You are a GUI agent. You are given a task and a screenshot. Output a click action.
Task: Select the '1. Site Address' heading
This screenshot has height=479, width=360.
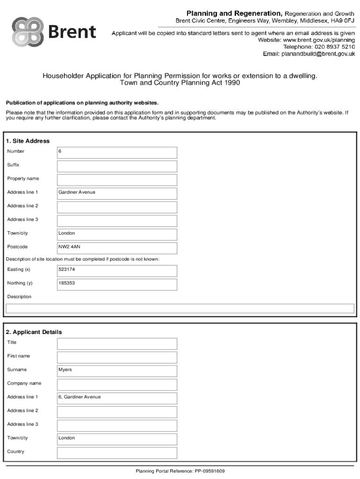tap(28, 141)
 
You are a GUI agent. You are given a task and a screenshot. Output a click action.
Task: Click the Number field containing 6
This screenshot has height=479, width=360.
tap(117, 152)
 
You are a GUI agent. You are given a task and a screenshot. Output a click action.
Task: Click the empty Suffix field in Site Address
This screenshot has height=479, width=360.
tap(117, 166)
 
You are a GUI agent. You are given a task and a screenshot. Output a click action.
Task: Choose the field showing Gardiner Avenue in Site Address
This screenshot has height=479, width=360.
tap(117, 193)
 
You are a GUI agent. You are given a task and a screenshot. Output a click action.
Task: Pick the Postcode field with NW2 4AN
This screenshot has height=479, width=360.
tap(117, 247)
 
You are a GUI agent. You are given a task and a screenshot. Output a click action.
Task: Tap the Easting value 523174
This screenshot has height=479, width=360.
tap(117, 270)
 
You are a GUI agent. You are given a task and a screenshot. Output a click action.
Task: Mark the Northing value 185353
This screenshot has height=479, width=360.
tap(117, 284)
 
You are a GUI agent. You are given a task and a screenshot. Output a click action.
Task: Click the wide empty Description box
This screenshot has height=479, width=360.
tap(180, 308)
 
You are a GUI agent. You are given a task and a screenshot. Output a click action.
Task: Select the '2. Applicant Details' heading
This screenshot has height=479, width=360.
tap(34, 332)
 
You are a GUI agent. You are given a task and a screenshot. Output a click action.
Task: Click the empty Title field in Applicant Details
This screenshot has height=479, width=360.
tap(117, 343)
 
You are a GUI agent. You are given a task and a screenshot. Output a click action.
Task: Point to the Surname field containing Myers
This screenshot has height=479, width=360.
tap(117, 370)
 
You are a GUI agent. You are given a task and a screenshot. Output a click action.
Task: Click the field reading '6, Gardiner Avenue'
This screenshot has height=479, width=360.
tap(117, 398)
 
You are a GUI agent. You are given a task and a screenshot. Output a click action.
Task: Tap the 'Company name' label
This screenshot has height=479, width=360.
tap(24, 384)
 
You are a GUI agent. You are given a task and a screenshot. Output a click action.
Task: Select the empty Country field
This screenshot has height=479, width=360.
tap(117, 452)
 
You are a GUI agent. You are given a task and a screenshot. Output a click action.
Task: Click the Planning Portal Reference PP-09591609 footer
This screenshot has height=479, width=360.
tap(180, 471)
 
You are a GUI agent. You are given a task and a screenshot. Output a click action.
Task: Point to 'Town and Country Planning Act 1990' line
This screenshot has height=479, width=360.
tap(180, 83)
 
